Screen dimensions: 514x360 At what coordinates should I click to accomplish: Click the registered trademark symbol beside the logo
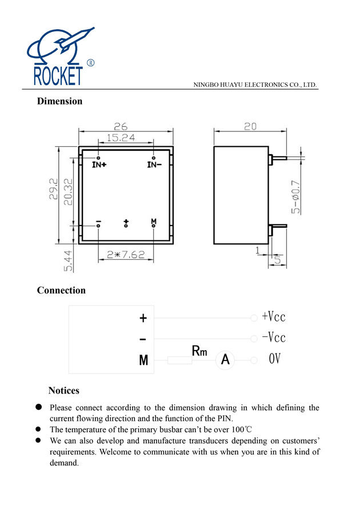(90, 63)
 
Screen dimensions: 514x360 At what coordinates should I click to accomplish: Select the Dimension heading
(59, 102)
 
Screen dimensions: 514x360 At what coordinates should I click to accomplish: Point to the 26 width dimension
(120, 126)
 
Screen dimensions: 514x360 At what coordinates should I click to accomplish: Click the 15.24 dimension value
(120, 138)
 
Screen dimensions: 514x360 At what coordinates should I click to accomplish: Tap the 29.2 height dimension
(53, 188)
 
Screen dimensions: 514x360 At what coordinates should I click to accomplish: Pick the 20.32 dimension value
(68, 192)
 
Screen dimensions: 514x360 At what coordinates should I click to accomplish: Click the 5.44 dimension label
(68, 260)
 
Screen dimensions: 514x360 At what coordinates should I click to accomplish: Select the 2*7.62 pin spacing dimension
(126, 255)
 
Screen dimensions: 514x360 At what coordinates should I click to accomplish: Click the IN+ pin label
(99, 165)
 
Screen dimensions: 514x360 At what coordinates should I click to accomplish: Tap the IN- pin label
(154, 165)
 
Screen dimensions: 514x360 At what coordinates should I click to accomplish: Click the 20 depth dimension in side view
(250, 127)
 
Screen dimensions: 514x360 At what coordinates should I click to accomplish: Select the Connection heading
(61, 291)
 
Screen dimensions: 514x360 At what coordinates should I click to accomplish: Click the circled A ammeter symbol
(225, 360)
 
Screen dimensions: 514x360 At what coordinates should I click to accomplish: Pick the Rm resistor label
(199, 351)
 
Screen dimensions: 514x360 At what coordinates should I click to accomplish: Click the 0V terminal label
(275, 360)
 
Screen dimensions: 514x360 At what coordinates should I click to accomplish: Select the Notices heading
(63, 391)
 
